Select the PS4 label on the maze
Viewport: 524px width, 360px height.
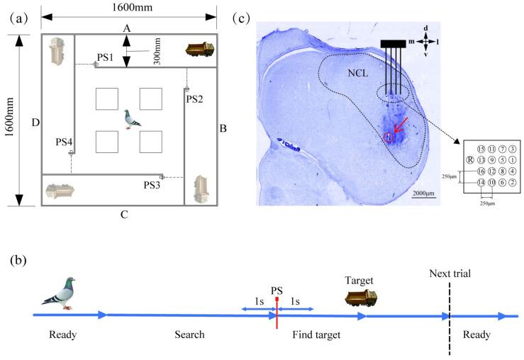65,142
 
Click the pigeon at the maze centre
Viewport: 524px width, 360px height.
130,118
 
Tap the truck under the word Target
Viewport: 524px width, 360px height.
354,298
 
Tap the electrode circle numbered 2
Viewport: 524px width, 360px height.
502,182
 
